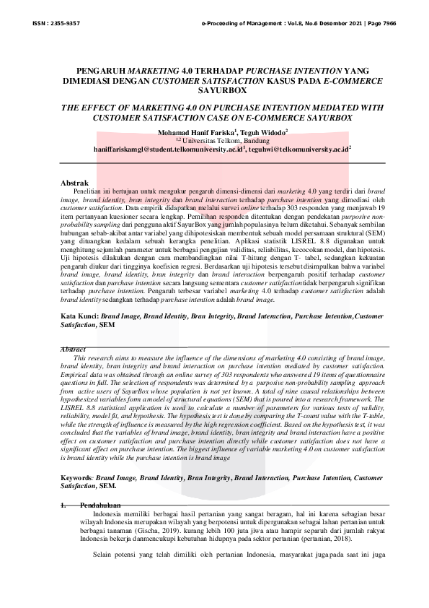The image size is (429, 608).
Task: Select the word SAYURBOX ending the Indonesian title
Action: [213, 92]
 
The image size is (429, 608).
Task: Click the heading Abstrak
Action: [74, 183]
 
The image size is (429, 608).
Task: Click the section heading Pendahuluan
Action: [99, 505]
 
